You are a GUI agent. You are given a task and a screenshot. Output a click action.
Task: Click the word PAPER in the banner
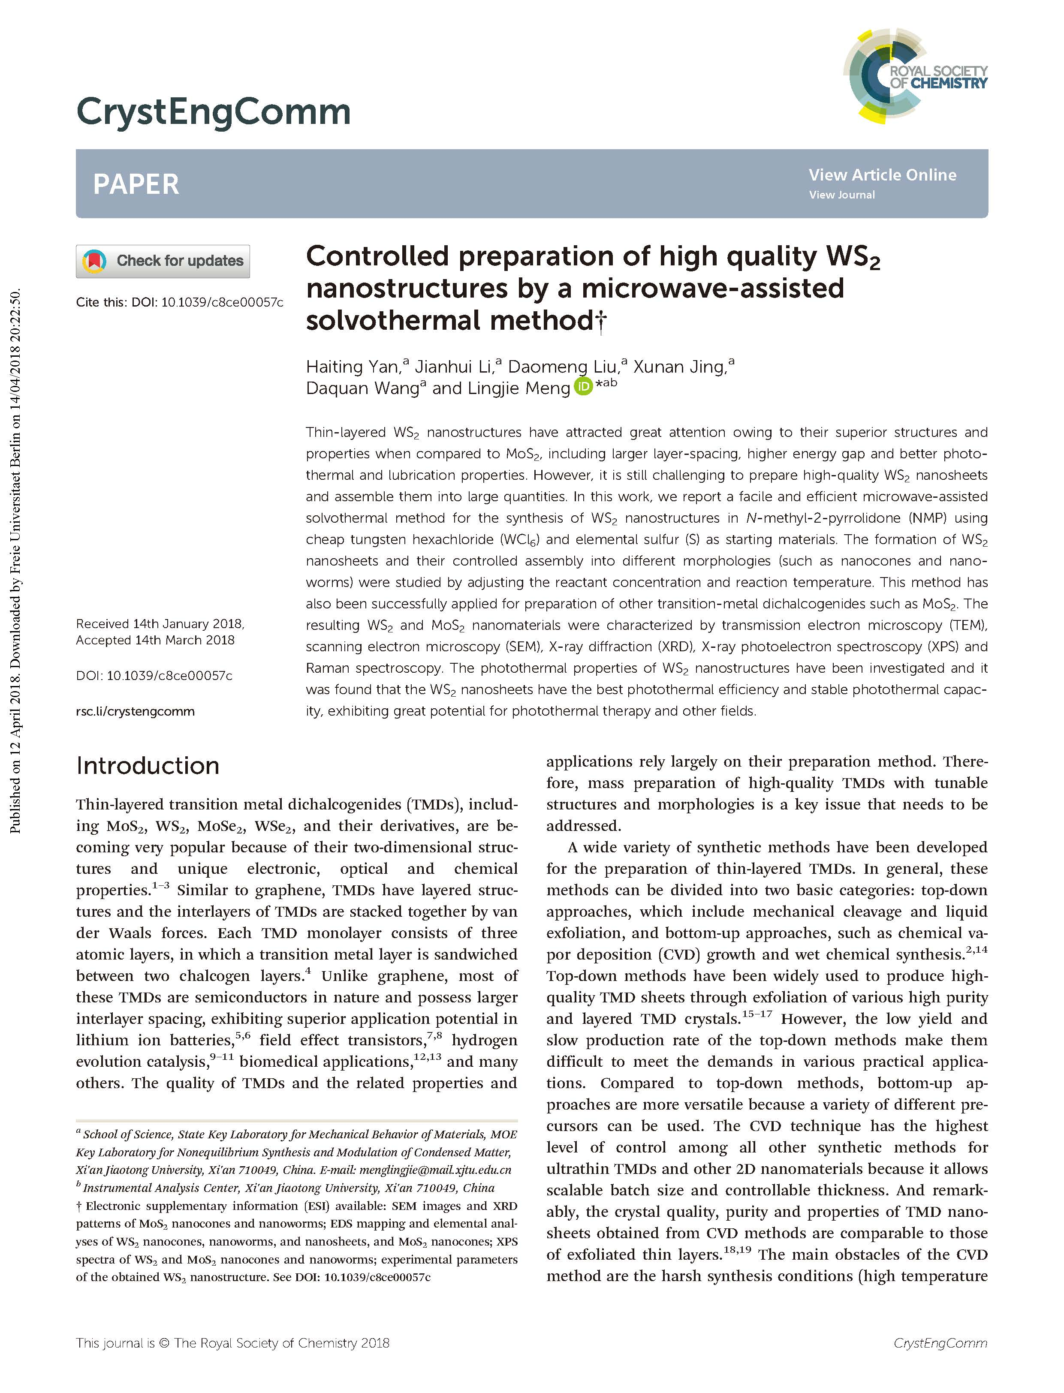(x=136, y=184)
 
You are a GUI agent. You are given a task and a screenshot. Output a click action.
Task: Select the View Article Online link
(x=882, y=175)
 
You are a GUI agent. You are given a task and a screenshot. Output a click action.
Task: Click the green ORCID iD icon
(x=583, y=386)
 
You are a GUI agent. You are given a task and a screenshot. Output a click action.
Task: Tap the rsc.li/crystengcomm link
(x=135, y=711)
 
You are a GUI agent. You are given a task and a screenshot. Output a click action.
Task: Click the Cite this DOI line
(x=179, y=302)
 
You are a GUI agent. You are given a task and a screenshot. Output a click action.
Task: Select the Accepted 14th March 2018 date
(x=155, y=640)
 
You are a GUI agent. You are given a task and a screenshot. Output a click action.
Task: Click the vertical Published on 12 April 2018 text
(x=16, y=560)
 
